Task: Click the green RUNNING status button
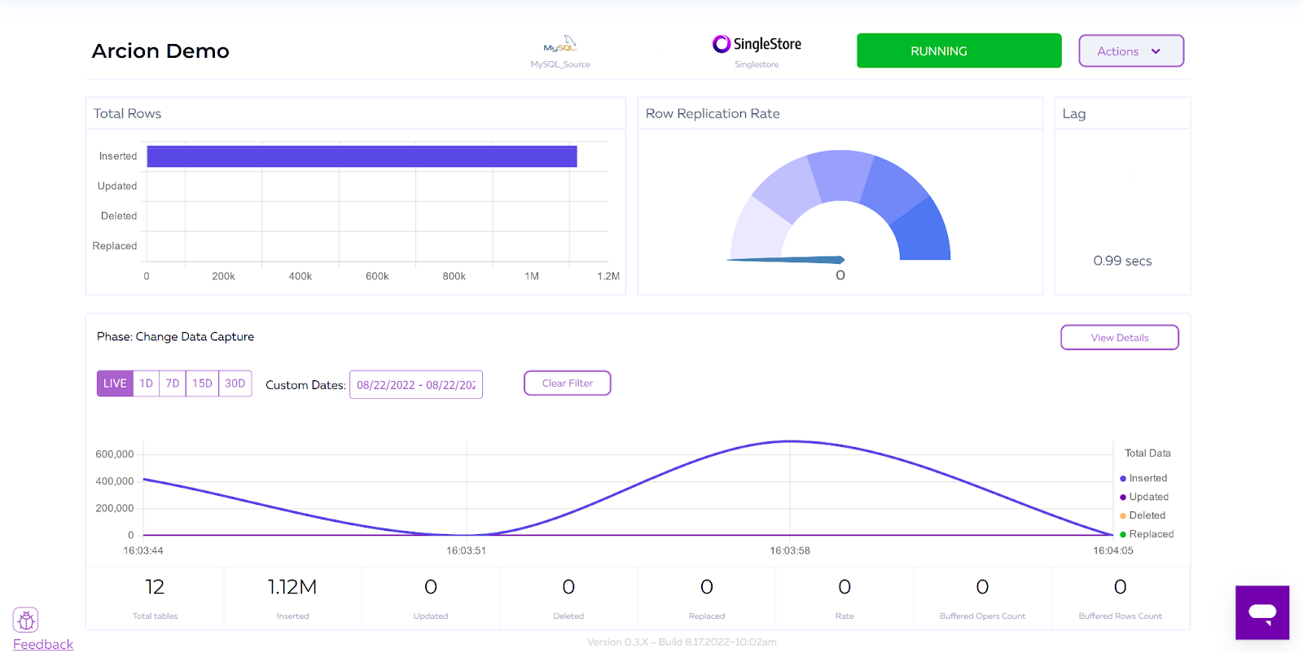click(959, 50)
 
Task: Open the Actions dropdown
click(1130, 51)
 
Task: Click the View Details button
click(1119, 338)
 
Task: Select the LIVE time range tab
click(115, 383)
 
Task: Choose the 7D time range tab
click(172, 383)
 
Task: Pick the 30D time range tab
click(235, 383)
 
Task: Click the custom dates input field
click(415, 385)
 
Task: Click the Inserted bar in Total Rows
click(362, 156)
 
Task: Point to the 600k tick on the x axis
click(377, 277)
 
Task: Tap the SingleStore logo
click(757, 44)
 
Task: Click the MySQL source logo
click(560, 45)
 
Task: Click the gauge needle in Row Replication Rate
click(786, 260)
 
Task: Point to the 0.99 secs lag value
click(1122, 261)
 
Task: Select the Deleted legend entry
click(1147, 515)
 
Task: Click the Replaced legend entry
click(1151, 534)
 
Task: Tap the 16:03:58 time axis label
click(790, 551)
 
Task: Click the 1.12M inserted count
click(292, 587)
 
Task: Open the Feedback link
click(43, 644)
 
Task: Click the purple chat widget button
click(1262, 612)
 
